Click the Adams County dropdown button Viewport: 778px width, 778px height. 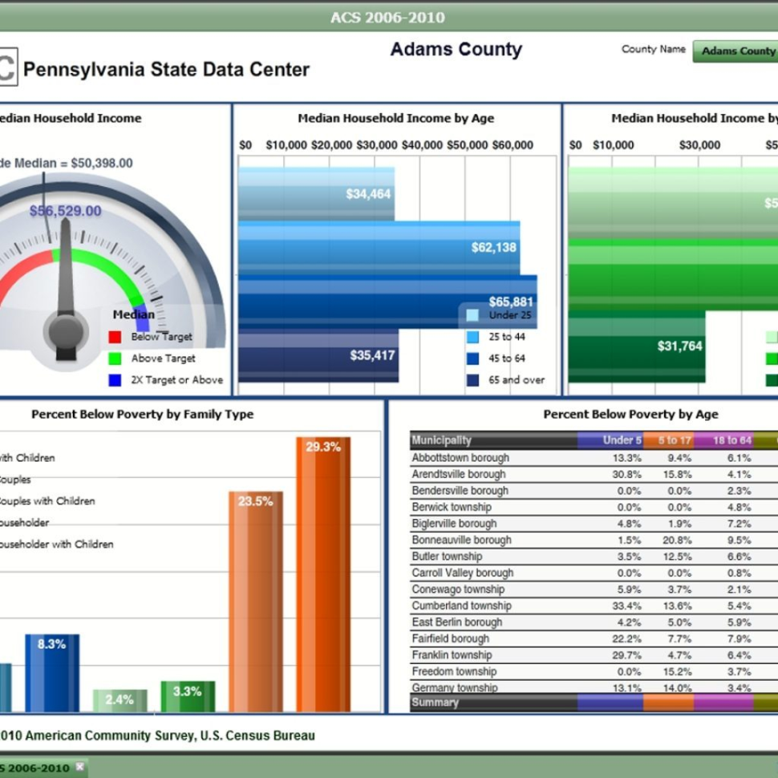click(737, 51)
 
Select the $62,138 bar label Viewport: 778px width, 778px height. click(494, 248)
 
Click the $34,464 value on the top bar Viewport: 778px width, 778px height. click(368, 194)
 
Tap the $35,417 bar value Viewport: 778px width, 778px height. click(373, 355)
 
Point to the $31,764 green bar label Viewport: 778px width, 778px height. click(679, 346)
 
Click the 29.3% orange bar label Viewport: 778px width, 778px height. click(323, 448)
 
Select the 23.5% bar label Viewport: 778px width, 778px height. click(256, 501)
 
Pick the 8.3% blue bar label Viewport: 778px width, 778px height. click(51, 644)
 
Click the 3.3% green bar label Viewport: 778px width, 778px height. click(187, 691)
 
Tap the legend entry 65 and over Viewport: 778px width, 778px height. click(516, 380)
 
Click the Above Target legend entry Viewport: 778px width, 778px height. click(163, 359)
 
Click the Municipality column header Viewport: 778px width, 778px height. click(441, 440)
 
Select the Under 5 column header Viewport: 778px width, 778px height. click(622, 440)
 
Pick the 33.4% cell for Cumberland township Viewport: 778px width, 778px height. click(626, 606)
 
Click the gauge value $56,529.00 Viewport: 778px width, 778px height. click(66, 211)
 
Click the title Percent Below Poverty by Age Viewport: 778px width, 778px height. click(630, 415)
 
